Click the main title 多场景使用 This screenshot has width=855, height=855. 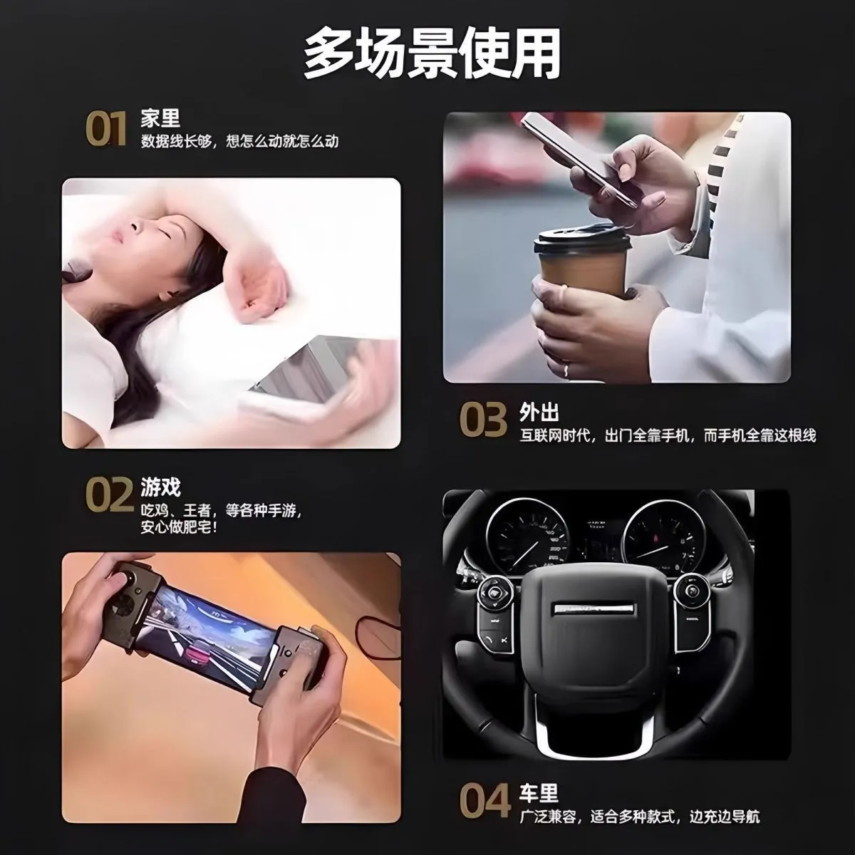[x=432, y=55]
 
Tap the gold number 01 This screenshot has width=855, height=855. [x=105, y=129]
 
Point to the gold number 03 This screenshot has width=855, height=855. [x=483, y=419]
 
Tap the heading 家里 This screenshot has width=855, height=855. [x=160, y=118]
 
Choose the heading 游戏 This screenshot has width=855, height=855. [x=160, y=487]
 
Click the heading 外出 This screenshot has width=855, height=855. [x=539, y=413]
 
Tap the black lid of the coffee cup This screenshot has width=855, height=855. [x=581, y=239]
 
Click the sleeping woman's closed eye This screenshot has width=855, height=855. [x=165, y=234]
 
